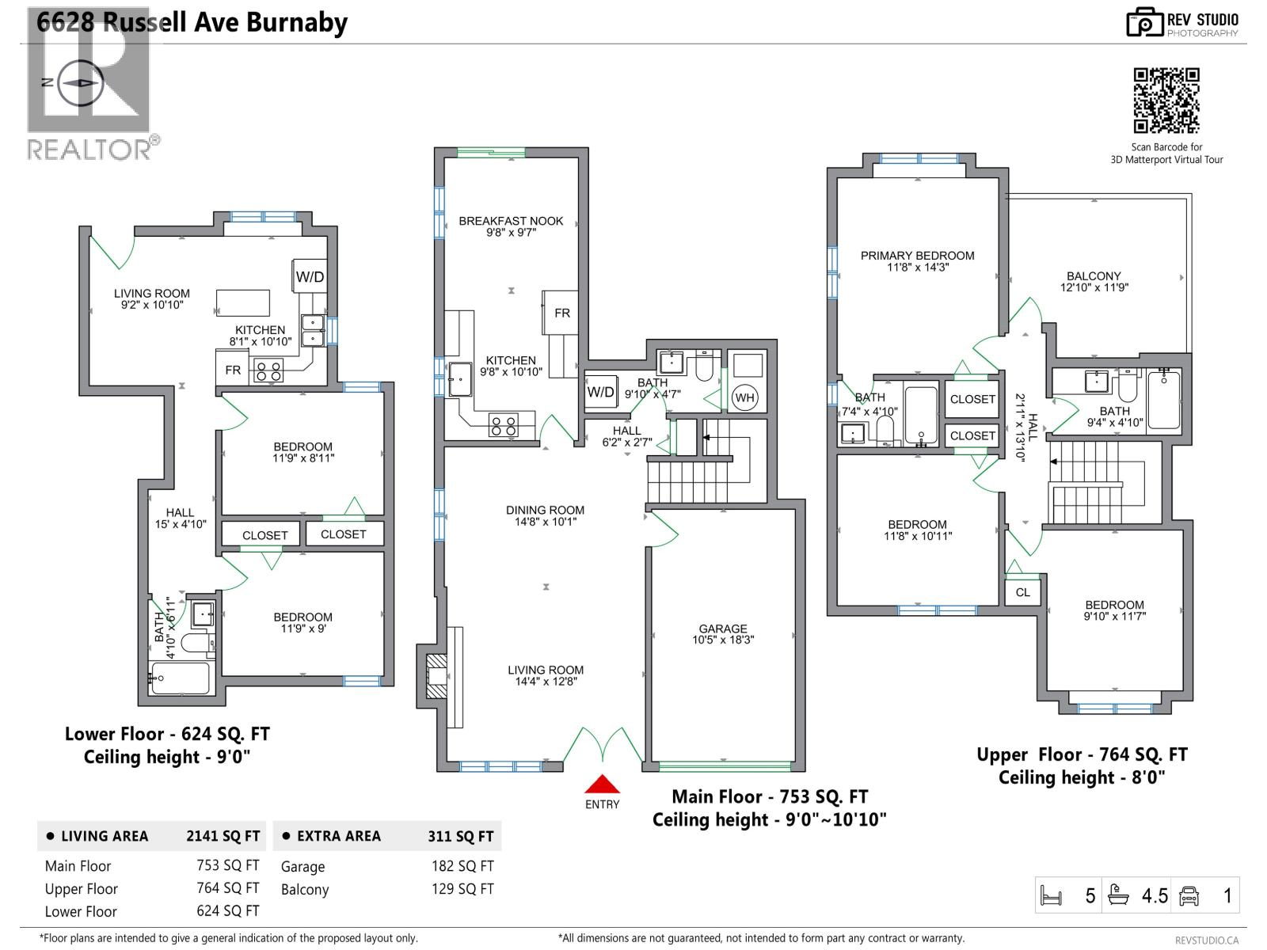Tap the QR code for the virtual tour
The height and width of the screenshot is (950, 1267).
pyautogui.click(x=1166, y=101)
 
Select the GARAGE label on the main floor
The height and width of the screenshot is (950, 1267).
pyautogui.click(x=722, y=634)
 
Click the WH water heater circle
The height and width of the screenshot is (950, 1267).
pyautogui.click(x=744, y=397)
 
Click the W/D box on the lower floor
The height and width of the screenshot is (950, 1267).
pyautogui.click(x=310, y=277)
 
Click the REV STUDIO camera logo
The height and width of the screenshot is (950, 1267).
pyautogui.click(x=1143, y=22)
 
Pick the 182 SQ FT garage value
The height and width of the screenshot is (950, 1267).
pyautogui.click(x=462, y=866)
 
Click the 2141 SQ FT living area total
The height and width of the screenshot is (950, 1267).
pyautogui.click(x=223, y=836)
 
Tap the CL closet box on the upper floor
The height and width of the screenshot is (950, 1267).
pyautogui.click(x=1022, y=592)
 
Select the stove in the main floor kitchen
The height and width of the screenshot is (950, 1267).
pyautogui.click(x=504, y=426)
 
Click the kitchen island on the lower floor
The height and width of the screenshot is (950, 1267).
pyautogui.click(x=243, y=303)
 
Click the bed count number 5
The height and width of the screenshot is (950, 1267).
pyautogui.click(x=1090, y=896)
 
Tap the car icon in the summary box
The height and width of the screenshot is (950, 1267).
pyautogui.click(x=1189, y=895)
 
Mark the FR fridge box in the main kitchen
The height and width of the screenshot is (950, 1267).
pyautogui.click(x=561, y=313)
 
